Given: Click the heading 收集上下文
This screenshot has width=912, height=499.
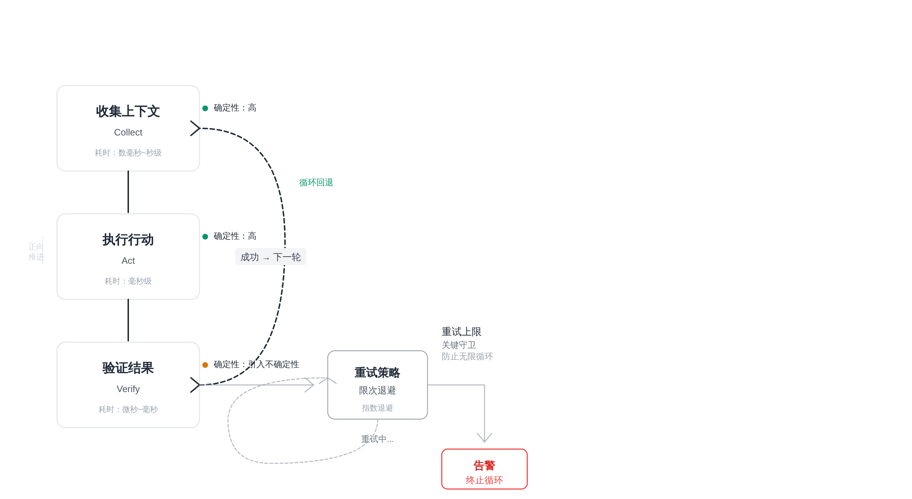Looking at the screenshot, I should click(128, 112).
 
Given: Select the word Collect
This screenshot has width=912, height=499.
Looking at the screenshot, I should click(128, 133).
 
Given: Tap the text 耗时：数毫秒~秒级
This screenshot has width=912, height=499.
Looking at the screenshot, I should click(128, 153).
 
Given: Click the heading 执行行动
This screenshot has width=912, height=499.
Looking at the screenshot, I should click(128, 240).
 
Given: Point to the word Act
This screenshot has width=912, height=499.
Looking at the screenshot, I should click(128, 261).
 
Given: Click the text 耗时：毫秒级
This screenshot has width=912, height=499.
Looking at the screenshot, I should click(128, 281).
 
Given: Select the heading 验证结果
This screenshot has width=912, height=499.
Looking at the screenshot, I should click(128, 368).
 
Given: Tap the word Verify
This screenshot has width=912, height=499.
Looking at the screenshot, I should click(128, 389).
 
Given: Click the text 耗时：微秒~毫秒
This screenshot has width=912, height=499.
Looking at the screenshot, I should click(128, 410).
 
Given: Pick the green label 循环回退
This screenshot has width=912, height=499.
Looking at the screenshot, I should click(316, 183).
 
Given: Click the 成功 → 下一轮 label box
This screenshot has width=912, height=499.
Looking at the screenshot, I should click(270, 257).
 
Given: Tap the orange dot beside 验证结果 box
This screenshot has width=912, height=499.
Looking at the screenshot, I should click(205, 365).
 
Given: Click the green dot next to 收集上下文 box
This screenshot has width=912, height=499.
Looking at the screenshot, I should click(205, 108).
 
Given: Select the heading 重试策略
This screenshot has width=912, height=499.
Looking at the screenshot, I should click(377, 373).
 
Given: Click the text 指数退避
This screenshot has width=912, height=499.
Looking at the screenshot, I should click(377, 408).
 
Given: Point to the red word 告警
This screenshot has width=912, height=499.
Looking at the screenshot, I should click(484, 465).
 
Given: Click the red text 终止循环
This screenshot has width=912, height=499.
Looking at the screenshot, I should click(484, 480).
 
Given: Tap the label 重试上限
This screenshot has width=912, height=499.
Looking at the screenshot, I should click(461, 332).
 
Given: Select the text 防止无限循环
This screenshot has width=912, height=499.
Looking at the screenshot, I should click(467, 357).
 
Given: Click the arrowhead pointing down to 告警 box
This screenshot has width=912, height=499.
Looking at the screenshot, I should click(484, 438).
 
